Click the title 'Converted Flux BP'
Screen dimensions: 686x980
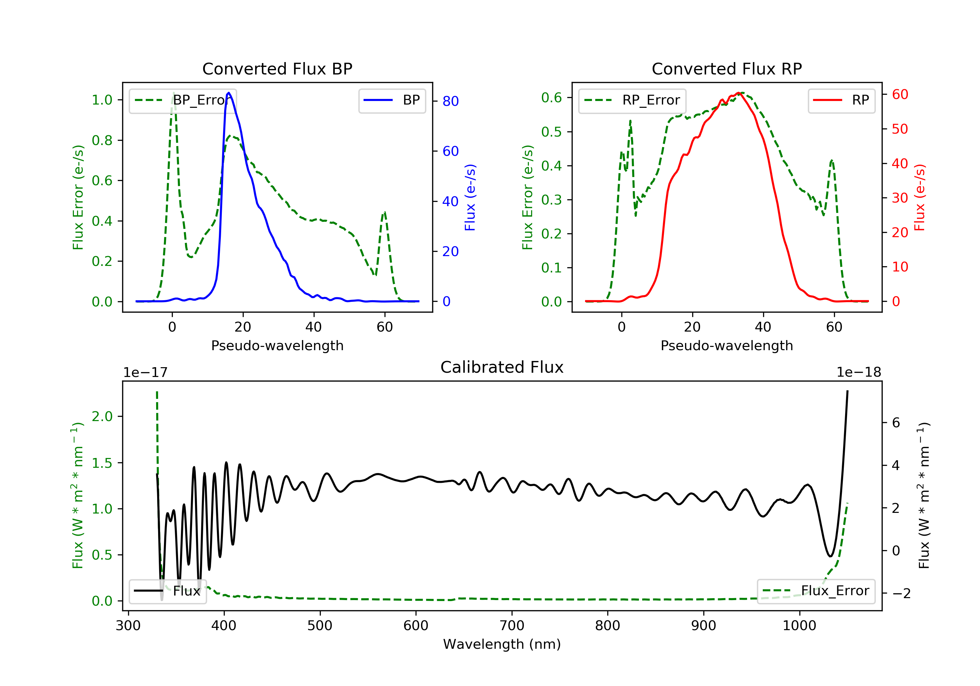(x=277, y=69)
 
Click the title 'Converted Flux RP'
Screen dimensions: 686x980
(x=727, y=69)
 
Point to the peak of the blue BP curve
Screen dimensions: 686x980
(x=229, y=93)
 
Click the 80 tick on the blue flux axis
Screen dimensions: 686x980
(x=450, y=101)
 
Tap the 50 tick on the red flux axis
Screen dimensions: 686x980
(x=900, y=129)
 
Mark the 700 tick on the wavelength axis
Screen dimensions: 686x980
(x=512, y=626)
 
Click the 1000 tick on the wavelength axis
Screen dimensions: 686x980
(x=799, y=626)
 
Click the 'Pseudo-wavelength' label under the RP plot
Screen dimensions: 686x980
(x=727, y=346)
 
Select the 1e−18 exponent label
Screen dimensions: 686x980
(x=858, y=373)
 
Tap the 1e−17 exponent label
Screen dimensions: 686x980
(x=145, y=373)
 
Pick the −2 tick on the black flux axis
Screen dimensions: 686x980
(x=901, y=593)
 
